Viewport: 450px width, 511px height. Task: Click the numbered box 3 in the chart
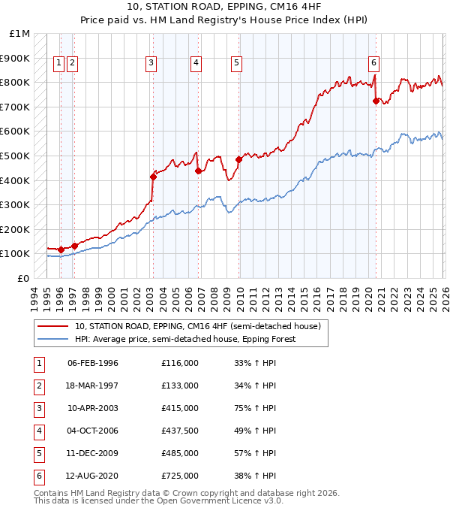151,64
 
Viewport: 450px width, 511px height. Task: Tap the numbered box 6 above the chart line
373,64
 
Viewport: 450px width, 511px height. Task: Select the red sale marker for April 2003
153,177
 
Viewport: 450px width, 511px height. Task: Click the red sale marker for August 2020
376,101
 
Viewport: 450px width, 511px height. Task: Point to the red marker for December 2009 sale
238,159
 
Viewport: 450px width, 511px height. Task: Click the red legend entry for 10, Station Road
198,326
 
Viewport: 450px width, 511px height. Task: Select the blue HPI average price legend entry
185,339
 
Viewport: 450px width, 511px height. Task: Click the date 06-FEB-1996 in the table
93,363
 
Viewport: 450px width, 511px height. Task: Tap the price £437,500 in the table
180,431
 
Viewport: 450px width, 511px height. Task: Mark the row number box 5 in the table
37,453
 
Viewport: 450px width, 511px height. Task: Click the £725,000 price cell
180,476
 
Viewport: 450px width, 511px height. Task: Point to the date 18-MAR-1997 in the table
93,386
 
